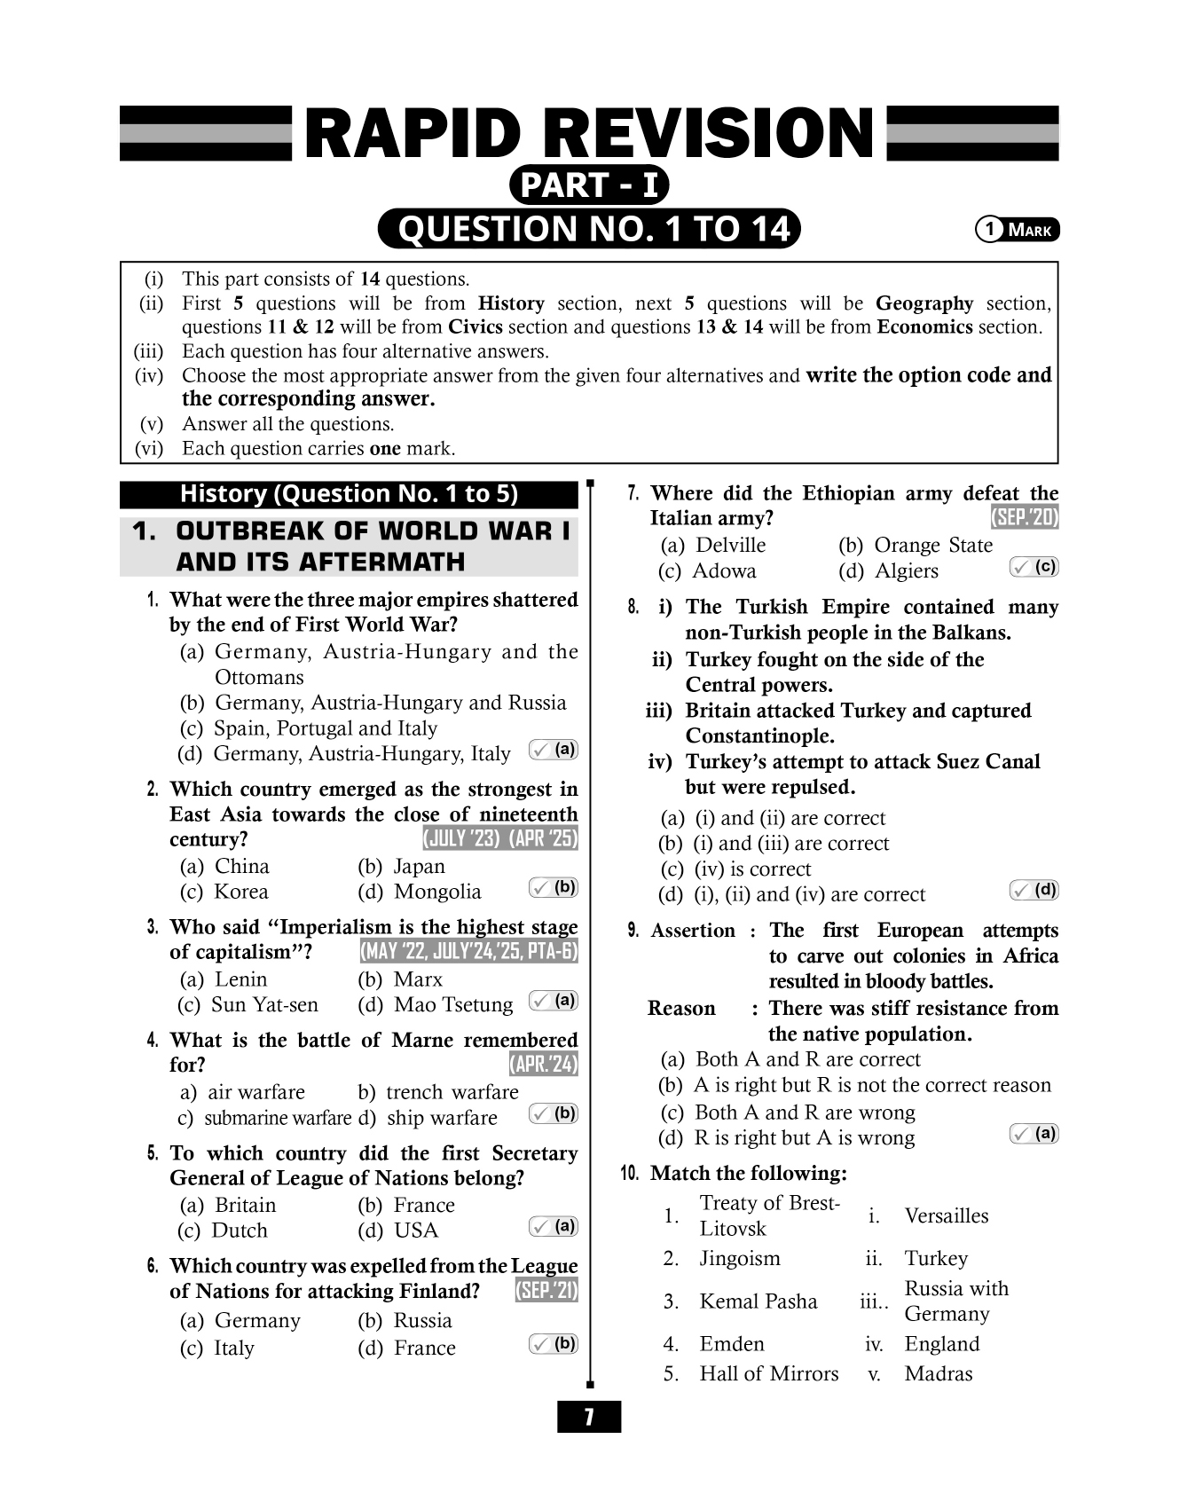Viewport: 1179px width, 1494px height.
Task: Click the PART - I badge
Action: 589,185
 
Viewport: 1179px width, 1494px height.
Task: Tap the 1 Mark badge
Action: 1017,230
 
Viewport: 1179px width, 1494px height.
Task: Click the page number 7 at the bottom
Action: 589,1417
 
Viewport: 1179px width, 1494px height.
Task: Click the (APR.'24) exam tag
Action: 543,1064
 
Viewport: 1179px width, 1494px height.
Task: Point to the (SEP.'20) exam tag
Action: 1025,518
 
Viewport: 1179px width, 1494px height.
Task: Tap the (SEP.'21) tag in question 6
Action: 546,1291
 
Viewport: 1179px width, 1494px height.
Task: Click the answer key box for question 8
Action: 1034,890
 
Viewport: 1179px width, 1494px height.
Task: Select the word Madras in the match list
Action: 939,1374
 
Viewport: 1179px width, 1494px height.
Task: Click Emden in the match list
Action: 732,1344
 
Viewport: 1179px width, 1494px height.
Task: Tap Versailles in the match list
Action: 947,1216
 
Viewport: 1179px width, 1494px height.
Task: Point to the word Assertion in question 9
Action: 693,931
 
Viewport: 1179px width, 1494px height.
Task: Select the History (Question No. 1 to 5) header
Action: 349,494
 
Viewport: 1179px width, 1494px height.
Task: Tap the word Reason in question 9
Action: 681,1009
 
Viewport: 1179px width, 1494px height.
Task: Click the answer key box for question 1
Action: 554,750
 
